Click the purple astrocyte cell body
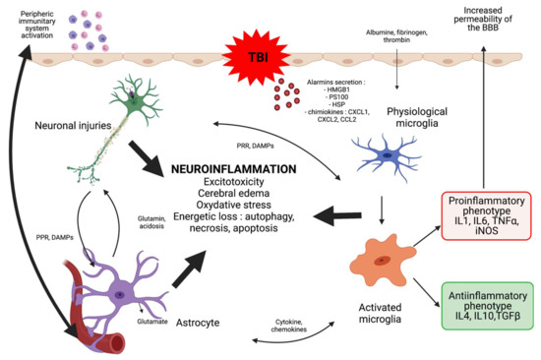[119, 294]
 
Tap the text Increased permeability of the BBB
[482, 16]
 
